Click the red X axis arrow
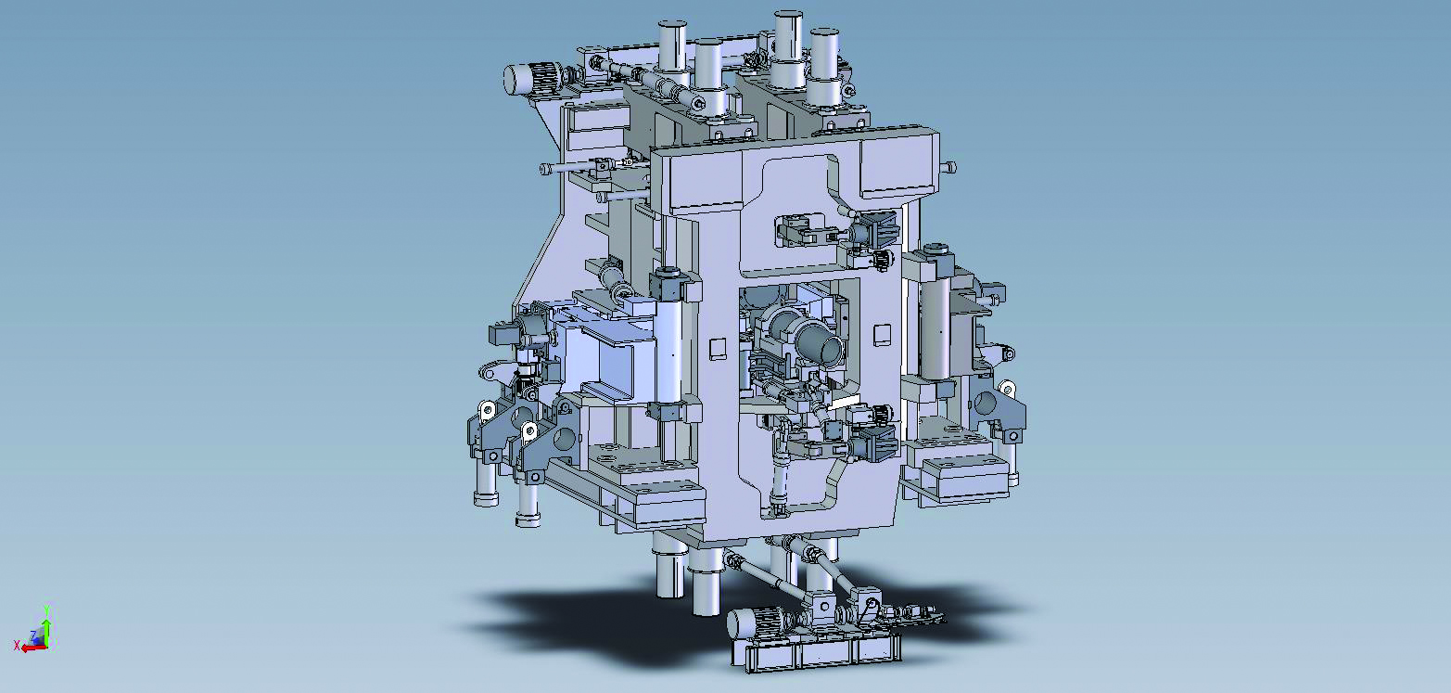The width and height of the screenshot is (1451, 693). click(32, 647)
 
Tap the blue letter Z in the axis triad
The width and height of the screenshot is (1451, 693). click(33, 635)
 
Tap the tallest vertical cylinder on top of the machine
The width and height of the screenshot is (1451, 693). click(788, 48)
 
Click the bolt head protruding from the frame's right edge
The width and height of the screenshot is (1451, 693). click(949, 167)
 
